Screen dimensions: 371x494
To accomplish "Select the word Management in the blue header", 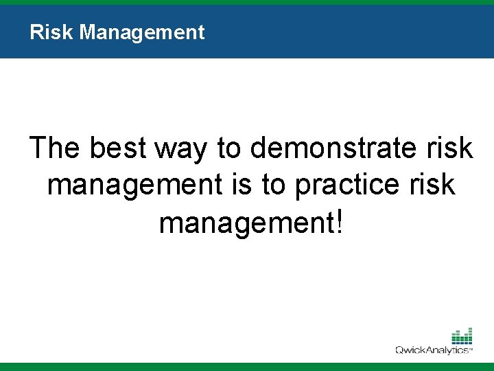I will [x=141, y=32].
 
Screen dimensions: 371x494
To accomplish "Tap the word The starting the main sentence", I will [x=56, y=148].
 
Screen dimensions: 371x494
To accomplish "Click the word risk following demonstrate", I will [x=449, y=148].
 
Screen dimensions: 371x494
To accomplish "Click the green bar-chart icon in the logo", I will [x=462, y=337].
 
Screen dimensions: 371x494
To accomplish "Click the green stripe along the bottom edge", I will [x=247, y=367].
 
